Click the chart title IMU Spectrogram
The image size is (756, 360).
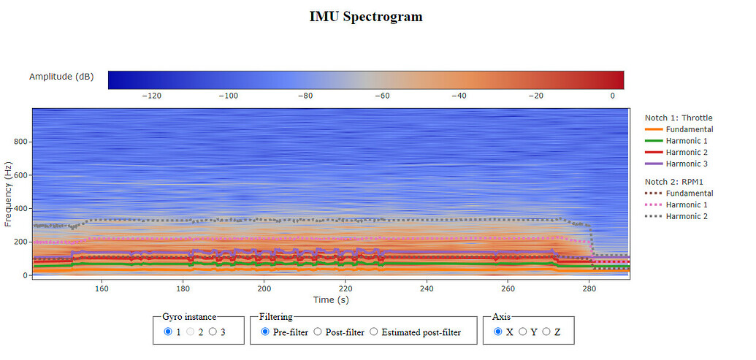[x=366, y=16]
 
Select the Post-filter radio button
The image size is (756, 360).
[x=318, y=332]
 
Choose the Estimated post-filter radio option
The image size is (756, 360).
[x=373, y=332]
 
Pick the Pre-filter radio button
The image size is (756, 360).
[x=265, y=332]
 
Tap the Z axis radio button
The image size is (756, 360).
[x=546, y=332]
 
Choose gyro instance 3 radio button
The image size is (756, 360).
[x=213, y=332]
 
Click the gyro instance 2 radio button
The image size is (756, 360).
[x=191, y=332]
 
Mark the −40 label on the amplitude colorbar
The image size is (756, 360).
[x=459, y=96]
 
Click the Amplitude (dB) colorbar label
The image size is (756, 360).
[x=61, y=77]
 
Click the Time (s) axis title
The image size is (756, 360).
[x=331, y=299]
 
